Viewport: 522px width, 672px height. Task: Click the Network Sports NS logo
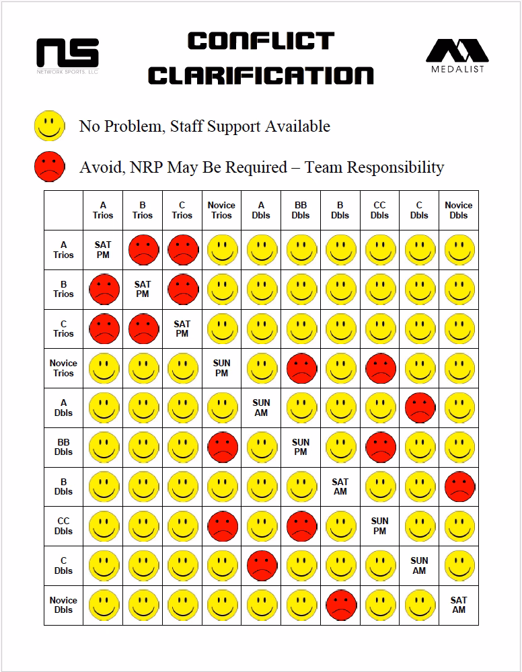[68, 56]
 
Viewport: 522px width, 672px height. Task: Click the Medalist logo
[457, 56]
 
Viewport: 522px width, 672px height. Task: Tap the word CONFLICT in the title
[261, 41]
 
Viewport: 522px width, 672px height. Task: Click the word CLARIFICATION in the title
[261, 75]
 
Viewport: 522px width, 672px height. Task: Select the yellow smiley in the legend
[50, 126]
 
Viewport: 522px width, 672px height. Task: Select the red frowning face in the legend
[50, 166]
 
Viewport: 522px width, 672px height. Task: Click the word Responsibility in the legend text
[396, 167]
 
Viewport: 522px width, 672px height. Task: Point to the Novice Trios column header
[221, 210]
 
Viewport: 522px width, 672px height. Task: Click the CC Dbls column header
[379, 210]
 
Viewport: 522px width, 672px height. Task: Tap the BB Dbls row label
[63, 447]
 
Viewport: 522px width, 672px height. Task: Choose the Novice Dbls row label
[63, 605]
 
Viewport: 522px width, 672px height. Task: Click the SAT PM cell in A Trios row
[103, 249]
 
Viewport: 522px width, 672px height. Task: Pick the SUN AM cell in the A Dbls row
[261, 408]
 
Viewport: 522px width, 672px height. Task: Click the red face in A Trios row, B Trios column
[144, 250]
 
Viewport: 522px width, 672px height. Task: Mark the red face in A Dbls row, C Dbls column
[420, 408]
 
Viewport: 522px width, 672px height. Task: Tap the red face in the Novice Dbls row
[342, 605]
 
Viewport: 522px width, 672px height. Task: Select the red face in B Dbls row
[460, 487]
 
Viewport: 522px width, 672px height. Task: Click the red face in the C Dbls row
[262, 566]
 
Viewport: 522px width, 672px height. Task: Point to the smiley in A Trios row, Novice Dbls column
[460, 250]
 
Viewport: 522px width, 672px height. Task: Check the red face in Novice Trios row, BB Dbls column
[302, 368]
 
